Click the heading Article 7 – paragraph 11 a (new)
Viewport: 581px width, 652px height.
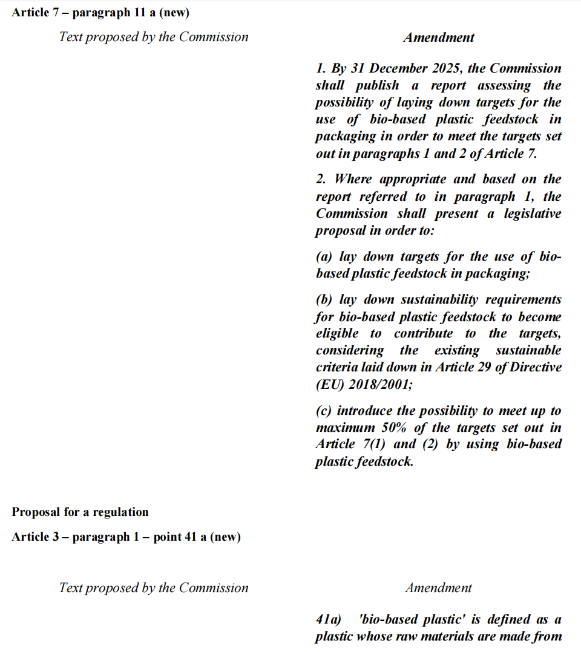(100, 13)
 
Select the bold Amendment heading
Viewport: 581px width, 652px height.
(439, 37)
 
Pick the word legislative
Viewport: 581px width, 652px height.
(530, 214)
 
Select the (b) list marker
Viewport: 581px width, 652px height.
(325, 299)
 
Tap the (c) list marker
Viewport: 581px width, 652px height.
(324, 411)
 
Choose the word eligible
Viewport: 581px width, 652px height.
(336, 333)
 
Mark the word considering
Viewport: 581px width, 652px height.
(349, 350)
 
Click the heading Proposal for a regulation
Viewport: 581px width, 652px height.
(80, 512)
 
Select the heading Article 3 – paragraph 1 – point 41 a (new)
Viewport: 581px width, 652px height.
(126, 537)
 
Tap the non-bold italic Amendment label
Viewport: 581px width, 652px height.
(439, 588)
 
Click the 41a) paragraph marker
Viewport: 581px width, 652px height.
(328, 619)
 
